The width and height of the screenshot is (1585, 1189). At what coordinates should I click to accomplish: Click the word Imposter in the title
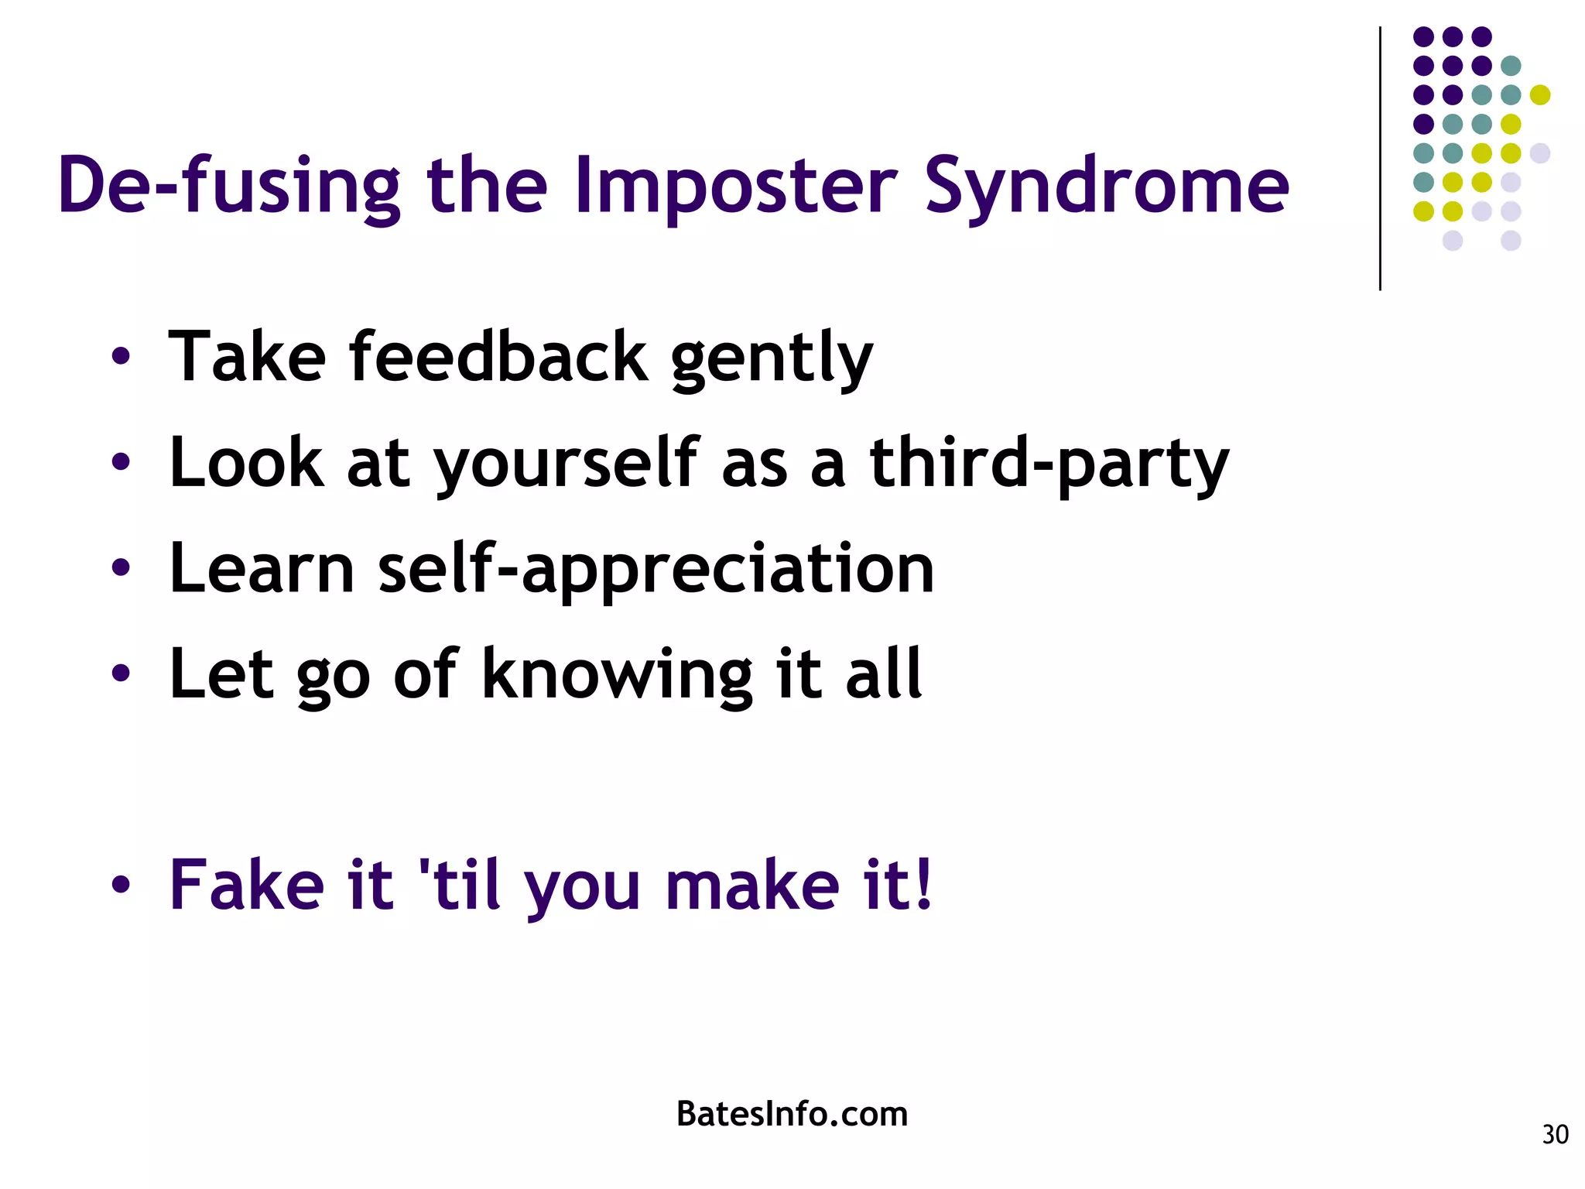pyautogui.click(x=735, y=186)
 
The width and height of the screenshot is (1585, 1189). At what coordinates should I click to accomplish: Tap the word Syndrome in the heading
pyautogui.click(x=1107, y=186)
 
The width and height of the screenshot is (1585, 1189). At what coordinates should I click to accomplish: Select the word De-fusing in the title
pyautogui.click(x=229, y=186)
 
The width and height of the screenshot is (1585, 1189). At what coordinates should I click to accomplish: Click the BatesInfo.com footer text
pyautogui.click(x=792, y=1114)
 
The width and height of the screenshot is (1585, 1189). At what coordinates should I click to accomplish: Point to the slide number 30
pyautogui.click(x=1555, y=1134)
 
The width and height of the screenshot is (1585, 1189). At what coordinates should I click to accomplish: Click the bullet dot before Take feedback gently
pyautogui.click(x=120, y=357)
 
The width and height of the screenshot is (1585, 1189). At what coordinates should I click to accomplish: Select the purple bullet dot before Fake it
pyautogui.click(x=120, y=885)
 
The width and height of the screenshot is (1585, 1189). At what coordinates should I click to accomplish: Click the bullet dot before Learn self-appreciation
pyautogui.click(x=120, y=568)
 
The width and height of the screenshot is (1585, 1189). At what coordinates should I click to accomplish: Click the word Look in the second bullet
pyautogui.click(x=247, y=463)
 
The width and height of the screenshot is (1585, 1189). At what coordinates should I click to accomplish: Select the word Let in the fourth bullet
pyautogui.click(x=221, y=673)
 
